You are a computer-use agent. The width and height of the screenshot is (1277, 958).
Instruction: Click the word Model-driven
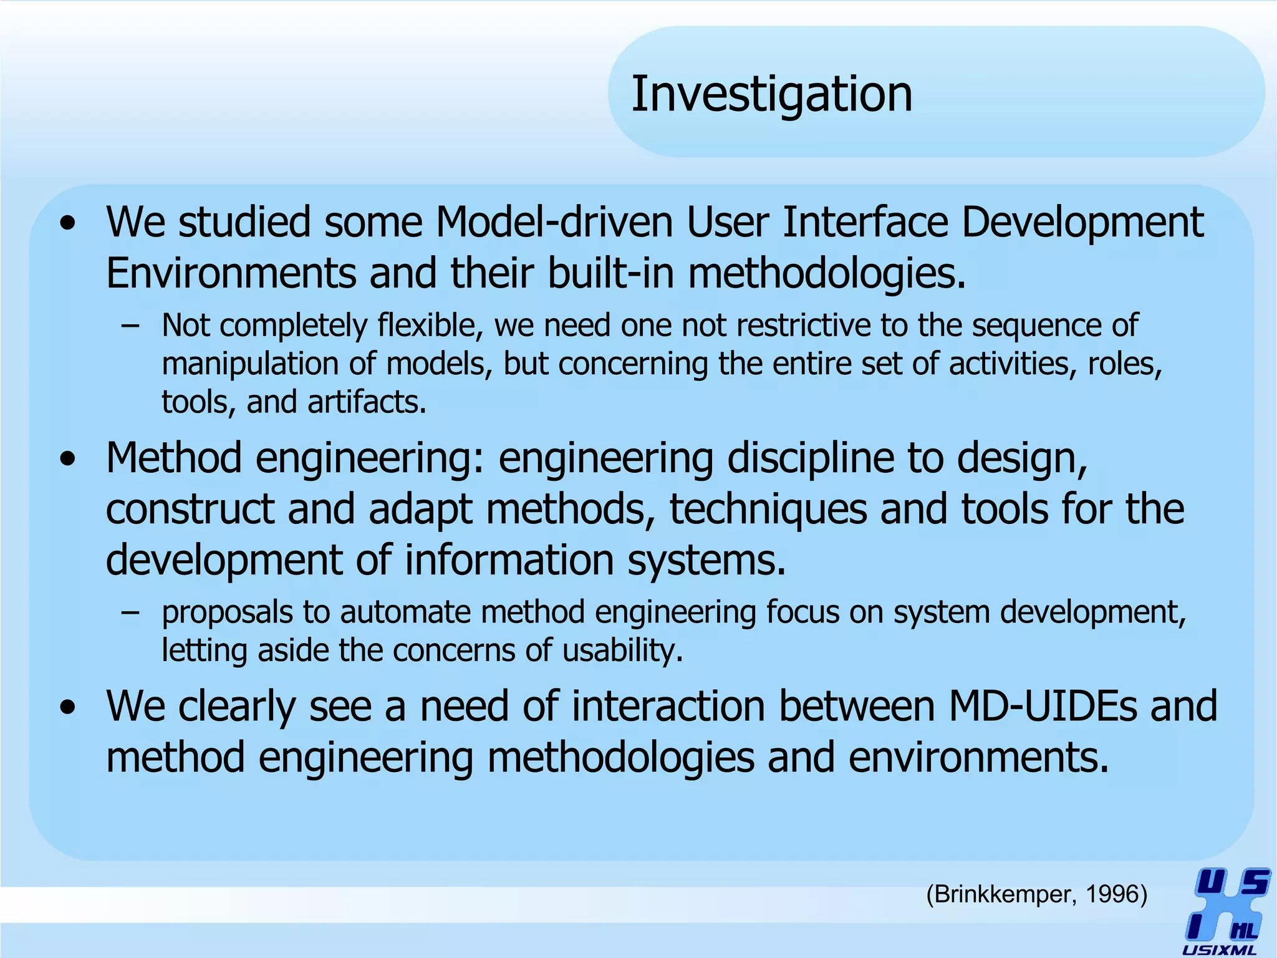click(x=554, y=222)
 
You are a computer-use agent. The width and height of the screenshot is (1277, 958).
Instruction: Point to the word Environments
click(x=231, y=273)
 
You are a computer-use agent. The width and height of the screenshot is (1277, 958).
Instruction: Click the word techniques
click(x=768, y=510)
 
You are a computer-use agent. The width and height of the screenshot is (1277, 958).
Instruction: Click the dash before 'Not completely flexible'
click(x=130, y=326)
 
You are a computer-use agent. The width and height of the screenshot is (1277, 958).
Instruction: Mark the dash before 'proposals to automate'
click(x=130, y=612)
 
